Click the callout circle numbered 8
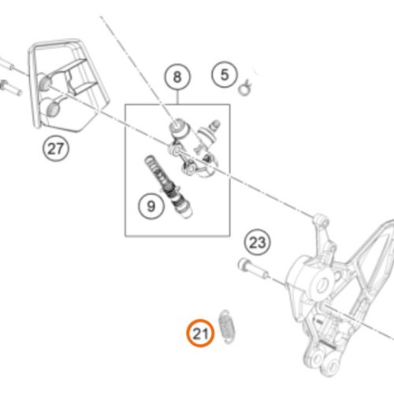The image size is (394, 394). tap(177, 76)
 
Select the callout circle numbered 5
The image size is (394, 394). tap(224, 75)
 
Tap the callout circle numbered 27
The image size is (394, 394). tap(56, 149)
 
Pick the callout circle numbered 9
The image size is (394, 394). tap(151, 206)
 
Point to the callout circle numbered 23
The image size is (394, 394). tap(257, 242)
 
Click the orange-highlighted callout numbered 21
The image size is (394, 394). tap(201, 333)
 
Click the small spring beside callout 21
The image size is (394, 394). tap(228, 326)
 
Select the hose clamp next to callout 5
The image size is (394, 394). tap(245, 87)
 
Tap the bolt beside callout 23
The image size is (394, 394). tap(253, 269)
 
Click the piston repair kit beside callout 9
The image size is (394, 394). tap(169, 187)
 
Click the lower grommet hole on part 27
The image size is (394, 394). tap(53, 108)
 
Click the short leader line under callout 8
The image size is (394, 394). tap(178, 97)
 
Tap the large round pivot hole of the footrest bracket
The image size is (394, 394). tap(322, 284)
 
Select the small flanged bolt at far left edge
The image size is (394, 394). tap(10, 88)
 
